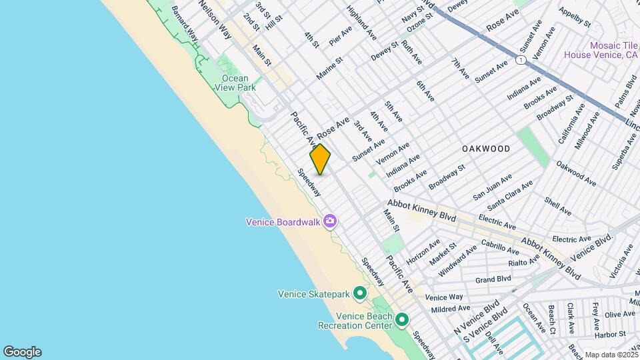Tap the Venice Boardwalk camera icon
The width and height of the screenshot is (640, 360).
329,221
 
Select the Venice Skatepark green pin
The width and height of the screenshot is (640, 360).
360,293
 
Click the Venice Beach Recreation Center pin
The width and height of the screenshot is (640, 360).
401,321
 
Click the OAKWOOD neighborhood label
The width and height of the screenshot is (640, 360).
486,149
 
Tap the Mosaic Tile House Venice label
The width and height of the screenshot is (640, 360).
601,51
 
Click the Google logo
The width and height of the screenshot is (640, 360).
22,351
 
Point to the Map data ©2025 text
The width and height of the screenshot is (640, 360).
610,355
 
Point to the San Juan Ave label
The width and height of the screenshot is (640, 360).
492,187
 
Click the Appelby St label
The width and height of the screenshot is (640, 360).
575,16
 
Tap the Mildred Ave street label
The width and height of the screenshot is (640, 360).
451,309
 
